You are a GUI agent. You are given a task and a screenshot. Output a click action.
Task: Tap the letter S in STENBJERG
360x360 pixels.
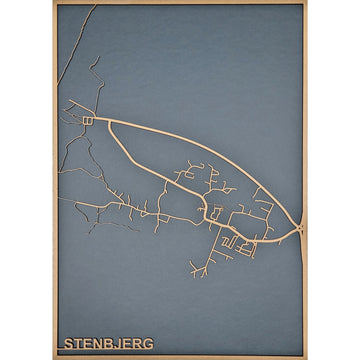67,343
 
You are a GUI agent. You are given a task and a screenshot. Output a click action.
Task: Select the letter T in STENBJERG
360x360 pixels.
77,343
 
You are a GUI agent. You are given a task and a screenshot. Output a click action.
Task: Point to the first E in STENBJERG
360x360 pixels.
87,343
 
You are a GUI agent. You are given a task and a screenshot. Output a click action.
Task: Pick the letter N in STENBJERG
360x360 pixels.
98,343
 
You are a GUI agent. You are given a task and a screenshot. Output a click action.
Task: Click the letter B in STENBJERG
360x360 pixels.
109,343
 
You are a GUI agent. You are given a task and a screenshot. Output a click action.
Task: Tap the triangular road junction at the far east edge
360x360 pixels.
301,230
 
